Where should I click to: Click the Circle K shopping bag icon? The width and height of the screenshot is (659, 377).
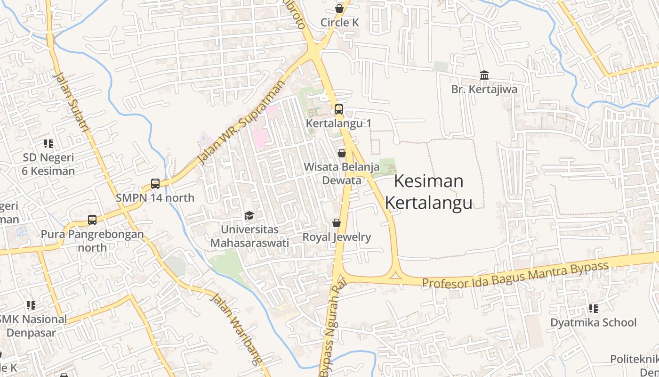point(339,8)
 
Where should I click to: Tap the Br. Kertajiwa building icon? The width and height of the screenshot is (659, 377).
point(484,75)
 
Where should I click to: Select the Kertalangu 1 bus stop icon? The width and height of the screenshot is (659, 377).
point(338,109)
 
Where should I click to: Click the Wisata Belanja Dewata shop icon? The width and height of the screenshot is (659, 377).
point(342,153)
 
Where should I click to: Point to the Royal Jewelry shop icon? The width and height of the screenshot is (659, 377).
point(337,223)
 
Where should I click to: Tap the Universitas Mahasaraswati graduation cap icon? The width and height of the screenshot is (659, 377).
point(249,215)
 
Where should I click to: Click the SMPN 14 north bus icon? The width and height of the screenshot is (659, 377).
point(155,183)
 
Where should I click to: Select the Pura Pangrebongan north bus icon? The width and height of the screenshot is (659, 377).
point(92,220)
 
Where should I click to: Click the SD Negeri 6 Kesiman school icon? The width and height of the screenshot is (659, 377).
point(48,143)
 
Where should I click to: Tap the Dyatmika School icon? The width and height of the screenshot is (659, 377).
point(593,309)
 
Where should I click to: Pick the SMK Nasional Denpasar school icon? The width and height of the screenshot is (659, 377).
point(31,305)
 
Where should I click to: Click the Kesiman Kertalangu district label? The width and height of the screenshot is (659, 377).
point(428,192)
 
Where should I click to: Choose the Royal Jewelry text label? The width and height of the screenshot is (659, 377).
point(337,237)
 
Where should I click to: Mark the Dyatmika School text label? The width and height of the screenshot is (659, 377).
point(593,323)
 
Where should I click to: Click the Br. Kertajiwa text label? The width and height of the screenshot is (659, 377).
point(484,89)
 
